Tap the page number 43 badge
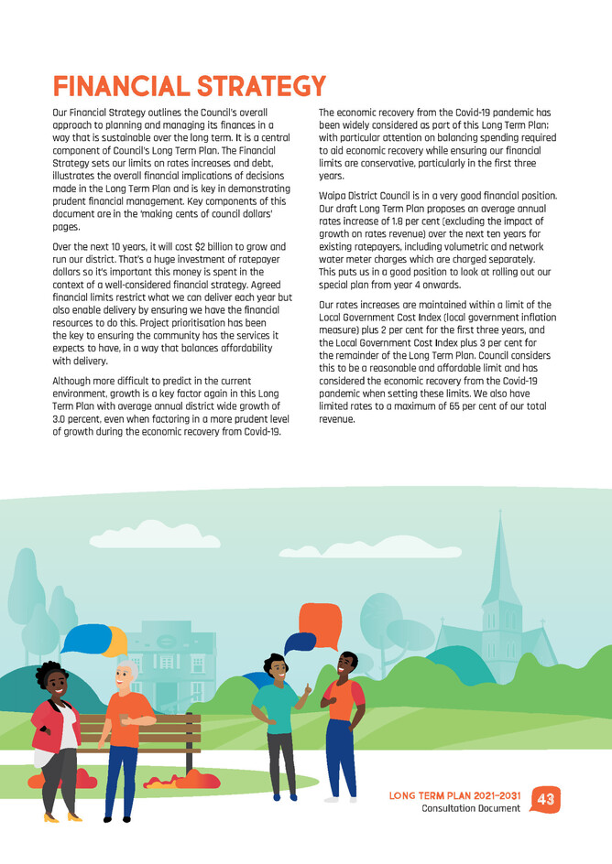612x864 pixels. click(546, 800)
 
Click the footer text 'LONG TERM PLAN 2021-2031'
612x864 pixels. click(454, 795)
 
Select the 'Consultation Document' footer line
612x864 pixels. click(471, 809)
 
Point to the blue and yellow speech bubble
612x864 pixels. click(92, 638)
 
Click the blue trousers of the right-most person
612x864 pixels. click(341, 755)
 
